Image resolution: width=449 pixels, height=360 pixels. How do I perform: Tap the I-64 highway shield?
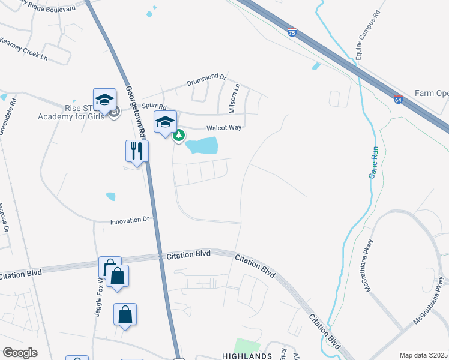[398, 100]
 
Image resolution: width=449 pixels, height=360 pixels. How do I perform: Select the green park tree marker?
[179, 136]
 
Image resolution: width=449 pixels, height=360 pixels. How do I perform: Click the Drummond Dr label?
[206, 79]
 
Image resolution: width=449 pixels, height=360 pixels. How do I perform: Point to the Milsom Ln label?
[234, 98]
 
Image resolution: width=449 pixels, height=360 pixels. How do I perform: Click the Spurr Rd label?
[154, 104]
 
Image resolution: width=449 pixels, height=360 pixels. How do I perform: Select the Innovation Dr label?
[129, 221]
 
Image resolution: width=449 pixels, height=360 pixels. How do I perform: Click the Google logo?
[20, 353]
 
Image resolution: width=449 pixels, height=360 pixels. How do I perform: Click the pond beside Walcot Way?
[202, 145]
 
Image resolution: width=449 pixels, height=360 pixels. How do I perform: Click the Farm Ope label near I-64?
[431, 94]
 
